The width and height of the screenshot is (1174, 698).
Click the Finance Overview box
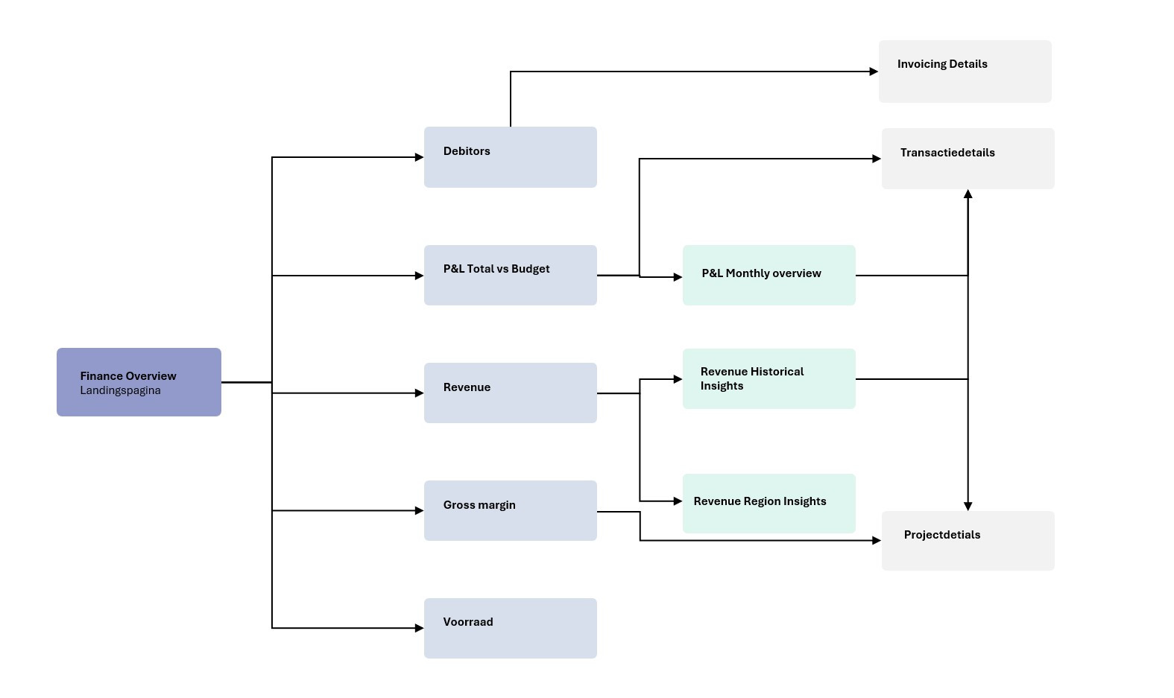pyautogui.click(x=139, y=381)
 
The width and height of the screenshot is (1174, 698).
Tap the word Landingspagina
pyautogui.click(x=120, y=390)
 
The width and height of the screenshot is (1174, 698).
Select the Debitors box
pyautogui.click(x=510, y=157)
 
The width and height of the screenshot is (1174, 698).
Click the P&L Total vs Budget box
pyautogui.click(x=510, y=275)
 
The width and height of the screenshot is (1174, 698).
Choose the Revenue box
pyautogui.click(x=510, y=393)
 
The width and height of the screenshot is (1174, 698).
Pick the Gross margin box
pyautogui.click(x=510, y=510)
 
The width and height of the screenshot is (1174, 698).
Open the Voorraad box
pyautogui.click(x=510, y=628)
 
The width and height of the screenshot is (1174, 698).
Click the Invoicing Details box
pyautogui.click(x=965, y=72)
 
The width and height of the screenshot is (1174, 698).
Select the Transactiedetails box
pyautogui.click(x=968, y=159)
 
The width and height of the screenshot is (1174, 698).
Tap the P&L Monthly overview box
pyautogui.click(x=769, y=275)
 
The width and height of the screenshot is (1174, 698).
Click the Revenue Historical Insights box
pyautogui.click(x=769, y=378)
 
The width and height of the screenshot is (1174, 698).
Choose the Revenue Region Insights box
pyautogui.click(x=769, y=503)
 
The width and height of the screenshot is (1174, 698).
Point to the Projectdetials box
pyautogui.click(x=968, y=541)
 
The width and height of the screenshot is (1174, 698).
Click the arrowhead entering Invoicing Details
pyautogui.click(x=874, y=72)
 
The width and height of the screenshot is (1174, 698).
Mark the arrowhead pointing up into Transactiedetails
pyautogui.click(x=968, y=194)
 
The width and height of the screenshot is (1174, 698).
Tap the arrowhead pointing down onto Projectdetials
pyautogui.click(x=968, y=506)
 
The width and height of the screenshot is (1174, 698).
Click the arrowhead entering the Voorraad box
pyautogui.click(x=419, y=628)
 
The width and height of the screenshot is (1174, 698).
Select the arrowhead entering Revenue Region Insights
pyautogui.click(x=678, y=501)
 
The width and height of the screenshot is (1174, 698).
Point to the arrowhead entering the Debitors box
pyautogui.click(x=419, y=157)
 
